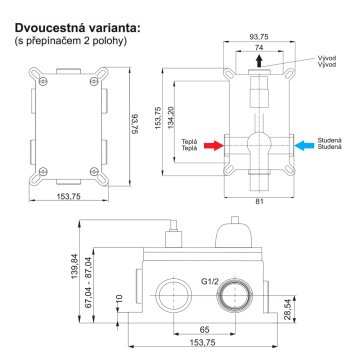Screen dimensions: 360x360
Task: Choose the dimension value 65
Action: coord(203,328)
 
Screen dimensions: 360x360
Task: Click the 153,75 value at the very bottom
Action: coord(203,344)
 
